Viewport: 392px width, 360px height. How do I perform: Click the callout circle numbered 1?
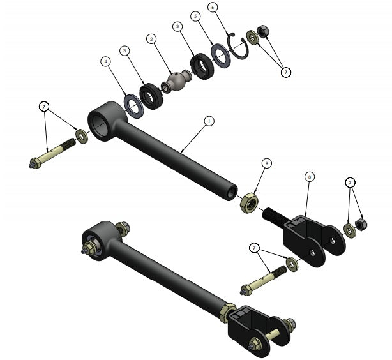click(x=207, y=120)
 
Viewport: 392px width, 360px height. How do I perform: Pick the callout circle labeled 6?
click(x=213, y=7)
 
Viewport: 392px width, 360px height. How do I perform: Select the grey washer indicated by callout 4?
click(x=133, y=105)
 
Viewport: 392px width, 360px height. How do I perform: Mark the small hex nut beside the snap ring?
click(x=262, y=31)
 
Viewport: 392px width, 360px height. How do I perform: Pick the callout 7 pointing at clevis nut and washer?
click(x=350, y=183)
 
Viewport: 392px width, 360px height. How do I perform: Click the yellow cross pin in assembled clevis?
click(x=272, y=333)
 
